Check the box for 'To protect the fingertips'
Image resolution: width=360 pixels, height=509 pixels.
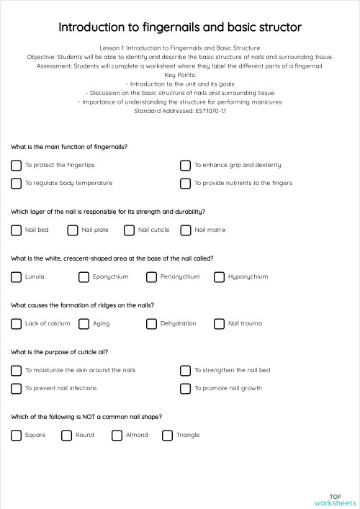(x=17, y=165)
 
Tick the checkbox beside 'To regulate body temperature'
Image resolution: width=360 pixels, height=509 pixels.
(x=17, y=183)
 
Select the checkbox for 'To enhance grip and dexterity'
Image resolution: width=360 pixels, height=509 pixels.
(x=186, y=165)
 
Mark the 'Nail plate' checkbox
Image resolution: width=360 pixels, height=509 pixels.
(x=73, y=230)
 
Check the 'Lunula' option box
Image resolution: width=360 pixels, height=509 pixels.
(x=17, y=276)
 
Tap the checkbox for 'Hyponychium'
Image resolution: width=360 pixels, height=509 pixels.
(x=220, y=276)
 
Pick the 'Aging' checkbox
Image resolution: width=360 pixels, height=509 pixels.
(x=84, y=323)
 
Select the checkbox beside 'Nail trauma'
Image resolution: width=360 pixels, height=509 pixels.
(x=220, y=323)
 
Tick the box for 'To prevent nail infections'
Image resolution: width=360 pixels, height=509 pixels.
(x=17, y=388)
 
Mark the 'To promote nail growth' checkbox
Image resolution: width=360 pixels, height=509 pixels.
(x=186, y=388)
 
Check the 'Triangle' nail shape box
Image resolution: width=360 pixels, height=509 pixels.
(x=168, y=435)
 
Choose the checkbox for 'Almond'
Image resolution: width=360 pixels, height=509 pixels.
(x=117, y=435)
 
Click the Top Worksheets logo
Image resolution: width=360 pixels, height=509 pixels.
(x=335, y=499)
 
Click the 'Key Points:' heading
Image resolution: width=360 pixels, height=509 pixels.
(x=180, y=75)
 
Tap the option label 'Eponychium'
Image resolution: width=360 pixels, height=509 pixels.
(x=110, y=276)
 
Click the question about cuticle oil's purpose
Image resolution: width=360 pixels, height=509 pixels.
(x=60, y=352)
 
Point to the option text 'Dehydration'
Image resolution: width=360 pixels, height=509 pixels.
(x=178, y=323)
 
